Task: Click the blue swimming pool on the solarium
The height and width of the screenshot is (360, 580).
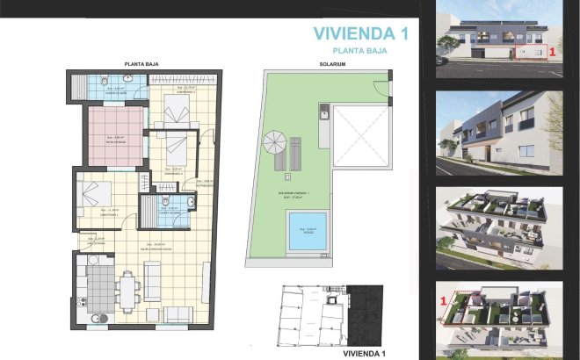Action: [x=307, y=229]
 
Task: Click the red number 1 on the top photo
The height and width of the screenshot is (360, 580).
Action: [x=552, y=53]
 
